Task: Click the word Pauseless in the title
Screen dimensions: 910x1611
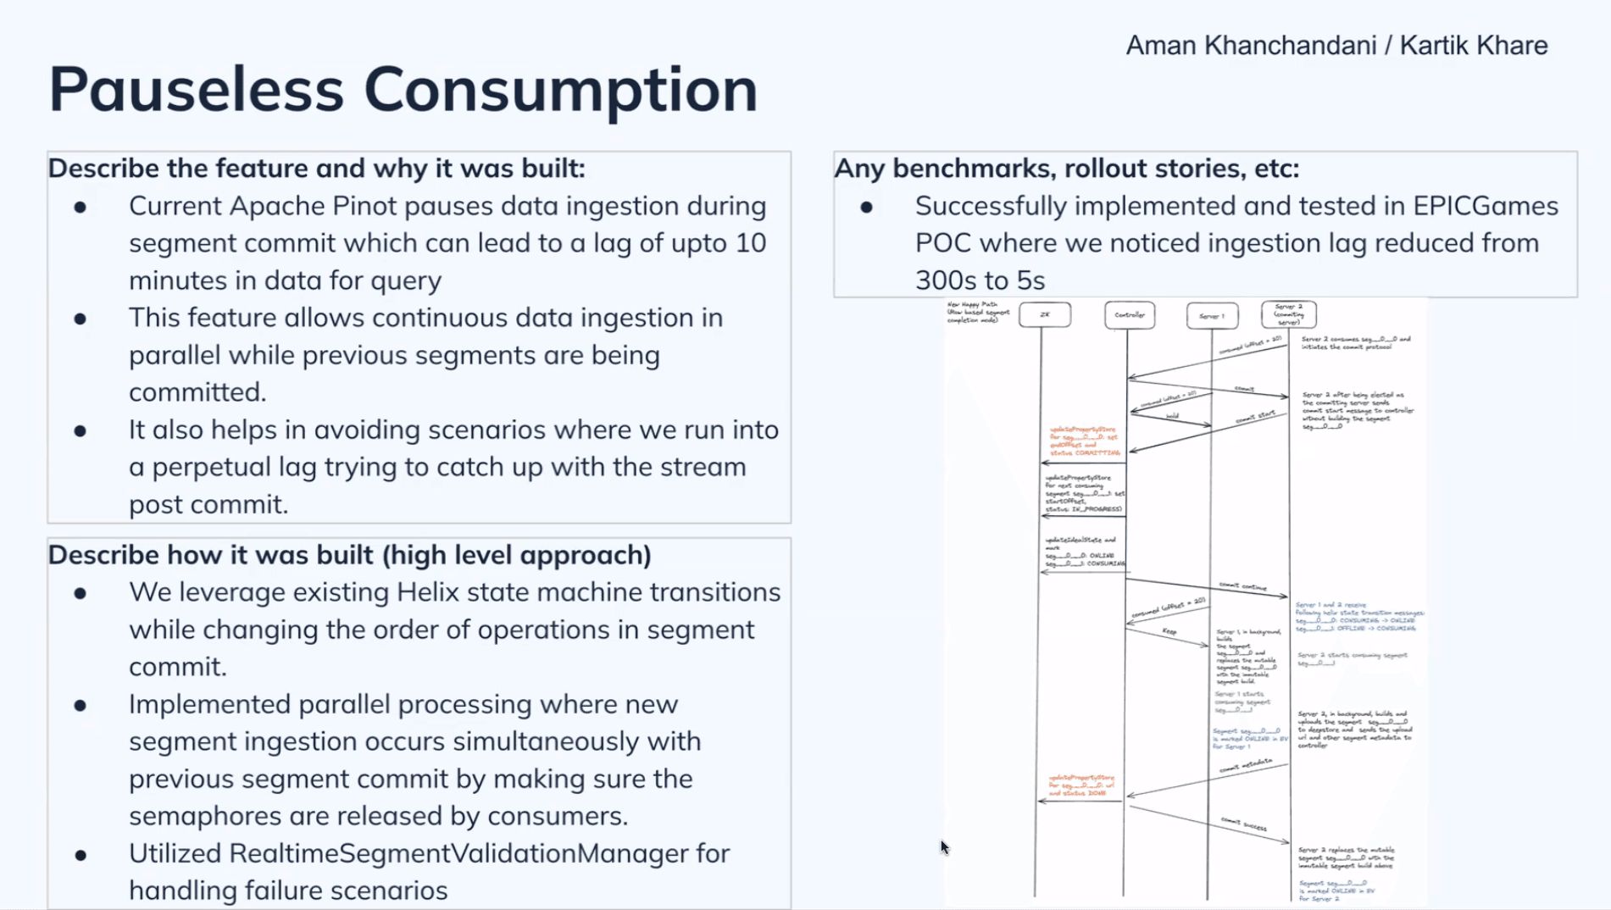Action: [196, 89]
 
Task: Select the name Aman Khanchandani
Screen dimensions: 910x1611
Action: [1249, 46]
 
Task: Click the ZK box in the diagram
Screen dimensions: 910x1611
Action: [1044, 314]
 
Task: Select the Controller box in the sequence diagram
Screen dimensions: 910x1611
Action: [1129, 315]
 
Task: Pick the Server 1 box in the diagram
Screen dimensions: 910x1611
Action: [1211, 316]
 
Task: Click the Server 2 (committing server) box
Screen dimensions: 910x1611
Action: [1288, 314]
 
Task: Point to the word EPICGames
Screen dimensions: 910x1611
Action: [1486, 206]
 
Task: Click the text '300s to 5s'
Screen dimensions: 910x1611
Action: [980, 280]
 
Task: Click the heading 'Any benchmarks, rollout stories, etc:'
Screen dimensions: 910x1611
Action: [1066, 169]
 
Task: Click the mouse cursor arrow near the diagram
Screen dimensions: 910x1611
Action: [943, 846]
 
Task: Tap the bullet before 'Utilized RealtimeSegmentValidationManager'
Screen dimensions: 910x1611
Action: [81, 855]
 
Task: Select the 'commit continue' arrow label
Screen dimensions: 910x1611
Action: [1242, 586]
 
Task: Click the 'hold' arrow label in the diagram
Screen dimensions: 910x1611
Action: [1172, 416]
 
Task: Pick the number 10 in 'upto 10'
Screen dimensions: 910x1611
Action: [750, 243]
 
